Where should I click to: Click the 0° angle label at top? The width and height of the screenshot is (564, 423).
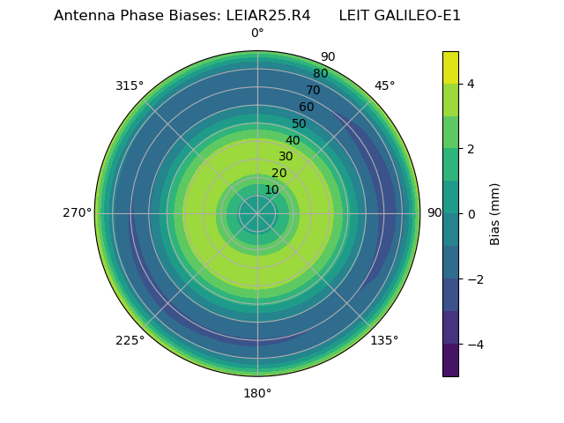[x=257, y=33]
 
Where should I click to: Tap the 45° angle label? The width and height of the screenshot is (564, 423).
[x=384, y=85]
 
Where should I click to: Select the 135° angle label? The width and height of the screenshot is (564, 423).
[x=384, y=340]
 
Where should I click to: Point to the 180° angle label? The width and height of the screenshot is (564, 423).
[x=257, y=393]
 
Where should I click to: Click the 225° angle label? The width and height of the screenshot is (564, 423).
[x=130, y=340]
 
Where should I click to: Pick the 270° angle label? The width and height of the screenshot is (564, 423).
[x=78, y=213]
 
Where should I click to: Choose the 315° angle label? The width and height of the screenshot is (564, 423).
[x=130, y=85]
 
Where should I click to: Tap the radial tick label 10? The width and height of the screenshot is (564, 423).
[x=271, y=190]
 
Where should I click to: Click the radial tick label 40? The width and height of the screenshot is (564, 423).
[x=293, y=141]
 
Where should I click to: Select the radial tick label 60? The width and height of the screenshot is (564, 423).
[x=306, y=108]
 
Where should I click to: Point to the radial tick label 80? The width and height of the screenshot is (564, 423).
[x=320, y=74]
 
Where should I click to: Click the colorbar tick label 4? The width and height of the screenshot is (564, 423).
[x=471, y=84]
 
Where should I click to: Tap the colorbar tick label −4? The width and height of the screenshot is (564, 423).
[x=475, y=344]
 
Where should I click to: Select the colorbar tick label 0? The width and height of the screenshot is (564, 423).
[x=471, y=214]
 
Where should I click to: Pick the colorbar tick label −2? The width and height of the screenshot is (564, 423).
[x=475, y=279]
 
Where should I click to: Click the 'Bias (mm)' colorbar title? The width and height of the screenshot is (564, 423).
[x=495, y=213]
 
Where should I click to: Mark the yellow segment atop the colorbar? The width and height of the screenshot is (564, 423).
[x=450, y=67]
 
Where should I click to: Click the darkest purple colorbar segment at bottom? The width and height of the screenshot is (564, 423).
[x=450, y=360]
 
